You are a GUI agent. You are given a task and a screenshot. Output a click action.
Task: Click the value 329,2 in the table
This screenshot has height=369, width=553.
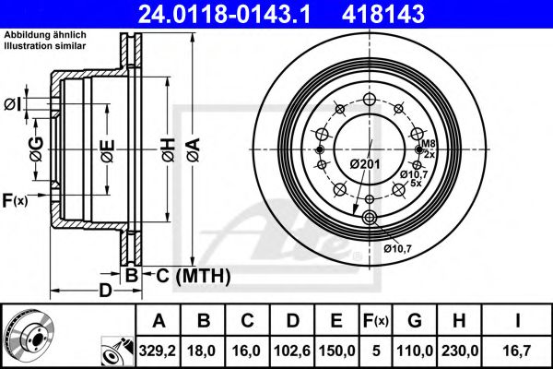tap(159, 349)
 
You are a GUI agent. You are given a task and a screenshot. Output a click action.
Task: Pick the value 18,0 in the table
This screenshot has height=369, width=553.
tap(205, 349)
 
